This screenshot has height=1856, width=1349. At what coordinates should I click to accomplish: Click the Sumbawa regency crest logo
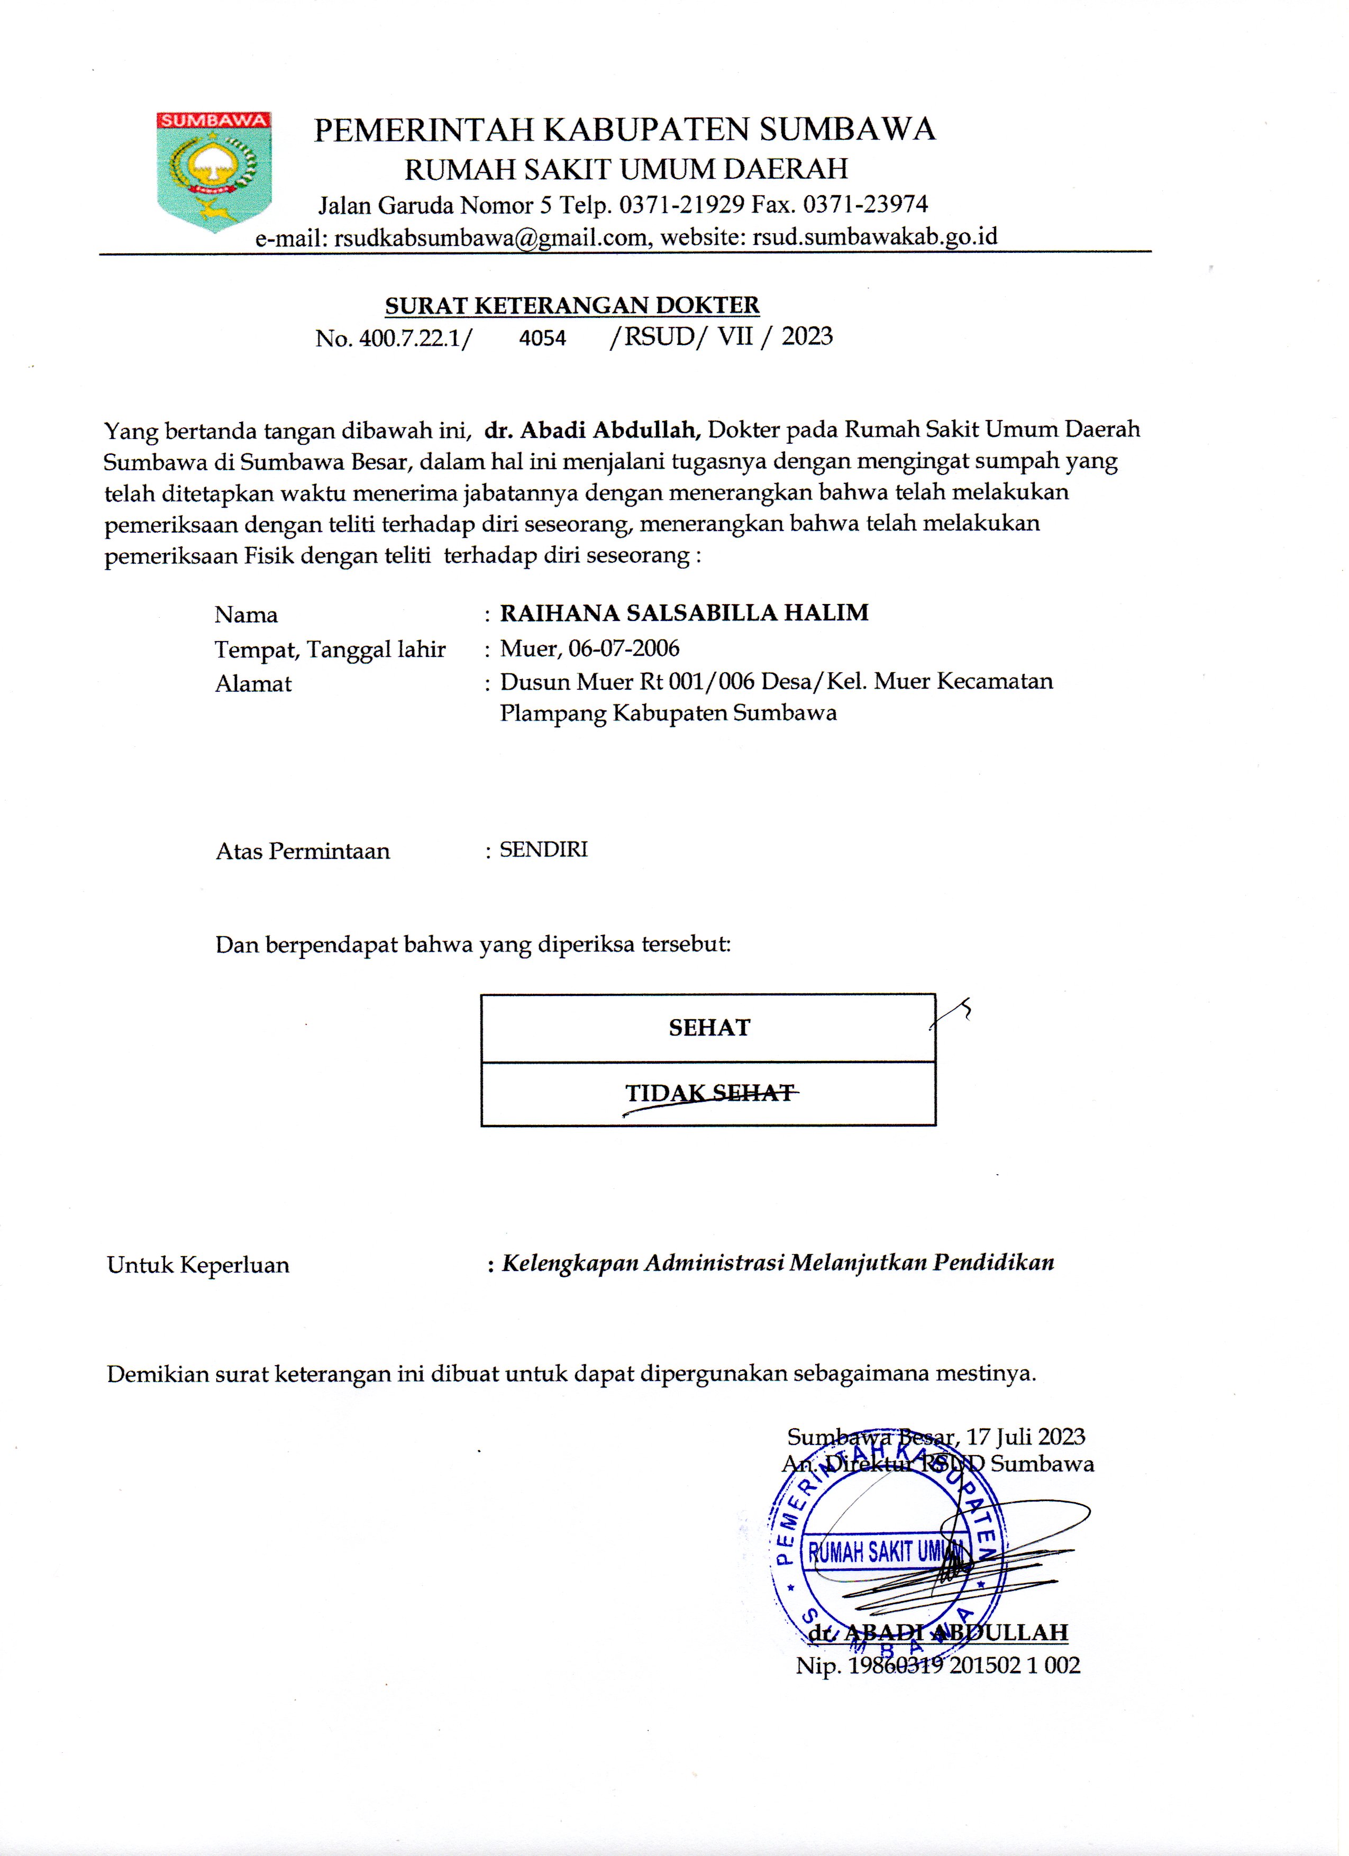(x=214, y=171)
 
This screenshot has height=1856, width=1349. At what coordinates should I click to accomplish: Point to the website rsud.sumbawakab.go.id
(x=874, y=236)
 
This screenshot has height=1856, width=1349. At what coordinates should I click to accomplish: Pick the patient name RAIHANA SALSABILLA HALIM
(x=685, y=613)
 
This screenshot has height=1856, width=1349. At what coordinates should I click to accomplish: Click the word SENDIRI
(x=543, y=849)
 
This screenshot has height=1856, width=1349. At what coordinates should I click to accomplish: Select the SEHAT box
(x=708, y=1028)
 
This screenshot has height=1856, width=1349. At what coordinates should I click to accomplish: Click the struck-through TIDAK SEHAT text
(x=710, y=1093)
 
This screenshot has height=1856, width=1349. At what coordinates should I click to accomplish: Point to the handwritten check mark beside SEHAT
(x=953, y=1015)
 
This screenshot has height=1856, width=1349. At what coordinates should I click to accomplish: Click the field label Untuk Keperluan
(x=198, y=1265)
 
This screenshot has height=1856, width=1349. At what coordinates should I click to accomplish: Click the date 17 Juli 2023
(x=1026, y=1437)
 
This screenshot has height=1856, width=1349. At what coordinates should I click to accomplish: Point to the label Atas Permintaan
(x=303, y=851)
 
